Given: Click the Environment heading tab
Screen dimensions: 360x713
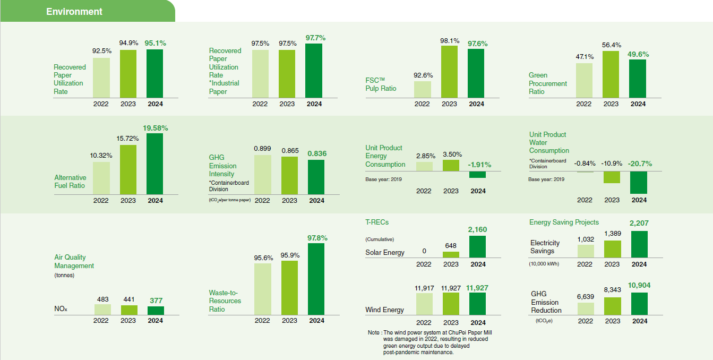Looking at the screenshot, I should click(74, 12).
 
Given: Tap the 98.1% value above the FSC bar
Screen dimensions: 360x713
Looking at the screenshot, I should click(449, 40).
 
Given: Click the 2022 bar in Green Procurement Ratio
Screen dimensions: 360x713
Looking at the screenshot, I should click(584, 80).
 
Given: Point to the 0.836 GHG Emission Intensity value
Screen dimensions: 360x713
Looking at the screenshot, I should click(317, 154).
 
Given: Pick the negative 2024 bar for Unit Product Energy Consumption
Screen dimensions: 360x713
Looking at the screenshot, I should click(477, 175).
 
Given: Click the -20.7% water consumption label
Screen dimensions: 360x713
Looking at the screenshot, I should click(639, 164).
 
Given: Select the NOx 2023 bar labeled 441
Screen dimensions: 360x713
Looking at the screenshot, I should click(128, 310).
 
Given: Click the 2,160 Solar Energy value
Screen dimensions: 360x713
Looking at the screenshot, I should click(477, 229).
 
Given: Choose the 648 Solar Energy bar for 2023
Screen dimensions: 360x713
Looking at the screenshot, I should click(451, 255).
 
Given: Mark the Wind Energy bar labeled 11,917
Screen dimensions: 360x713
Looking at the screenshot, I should click(424, 304).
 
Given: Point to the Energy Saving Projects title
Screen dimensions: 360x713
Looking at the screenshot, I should click(564, 222).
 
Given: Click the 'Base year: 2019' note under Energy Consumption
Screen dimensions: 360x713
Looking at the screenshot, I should click(383, 179).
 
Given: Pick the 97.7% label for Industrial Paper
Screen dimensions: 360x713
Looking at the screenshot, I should click(315, 38).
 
